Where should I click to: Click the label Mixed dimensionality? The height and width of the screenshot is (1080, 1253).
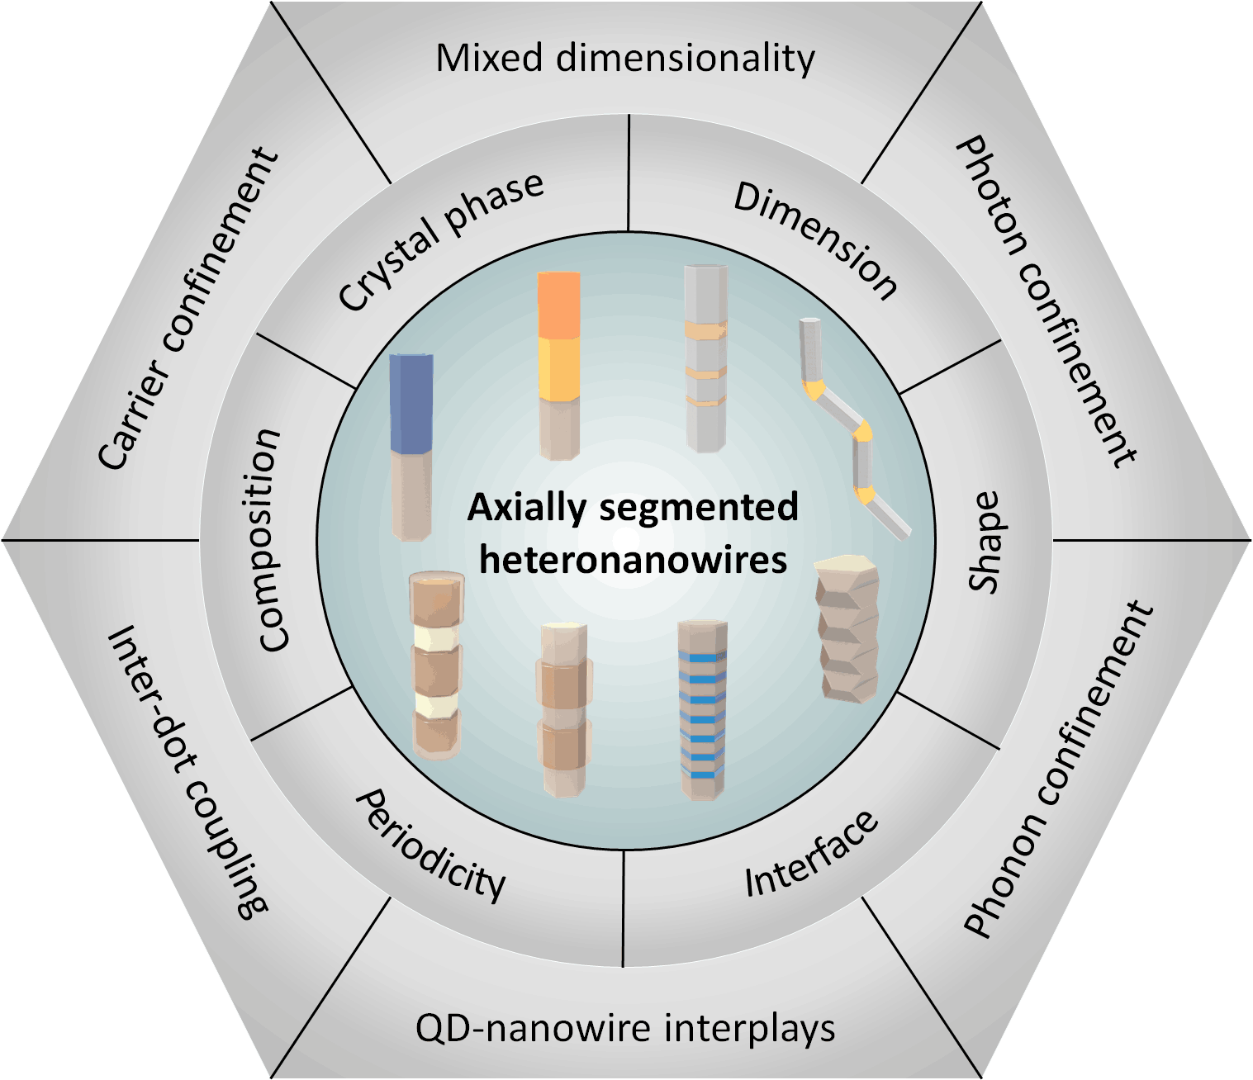pyautogui.click(x=625, y=59)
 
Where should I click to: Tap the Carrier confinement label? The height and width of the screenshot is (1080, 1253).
pyautogui.click(x=188, y=309)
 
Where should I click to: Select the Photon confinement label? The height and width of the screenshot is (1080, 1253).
pyautogui.click(x=1046, y=301)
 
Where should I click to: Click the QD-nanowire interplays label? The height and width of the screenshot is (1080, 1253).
pyautogui.click(x=625, y=1029)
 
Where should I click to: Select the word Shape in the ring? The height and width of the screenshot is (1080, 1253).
pyautogui.click(x=985, y=542)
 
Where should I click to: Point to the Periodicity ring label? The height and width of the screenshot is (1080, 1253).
pyautogui.click(x=430, y=846)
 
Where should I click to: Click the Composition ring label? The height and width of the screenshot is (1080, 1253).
pyautogui.click(x=270, y=540)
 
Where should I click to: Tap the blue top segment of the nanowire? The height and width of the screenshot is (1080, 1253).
pyautogui.click(x=411, y=403)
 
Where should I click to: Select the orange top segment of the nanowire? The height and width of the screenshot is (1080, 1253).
pyautogui.click(x=558, y=304)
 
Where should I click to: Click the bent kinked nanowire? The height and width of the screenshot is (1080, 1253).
pyautogui.click(x=855, y=429)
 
